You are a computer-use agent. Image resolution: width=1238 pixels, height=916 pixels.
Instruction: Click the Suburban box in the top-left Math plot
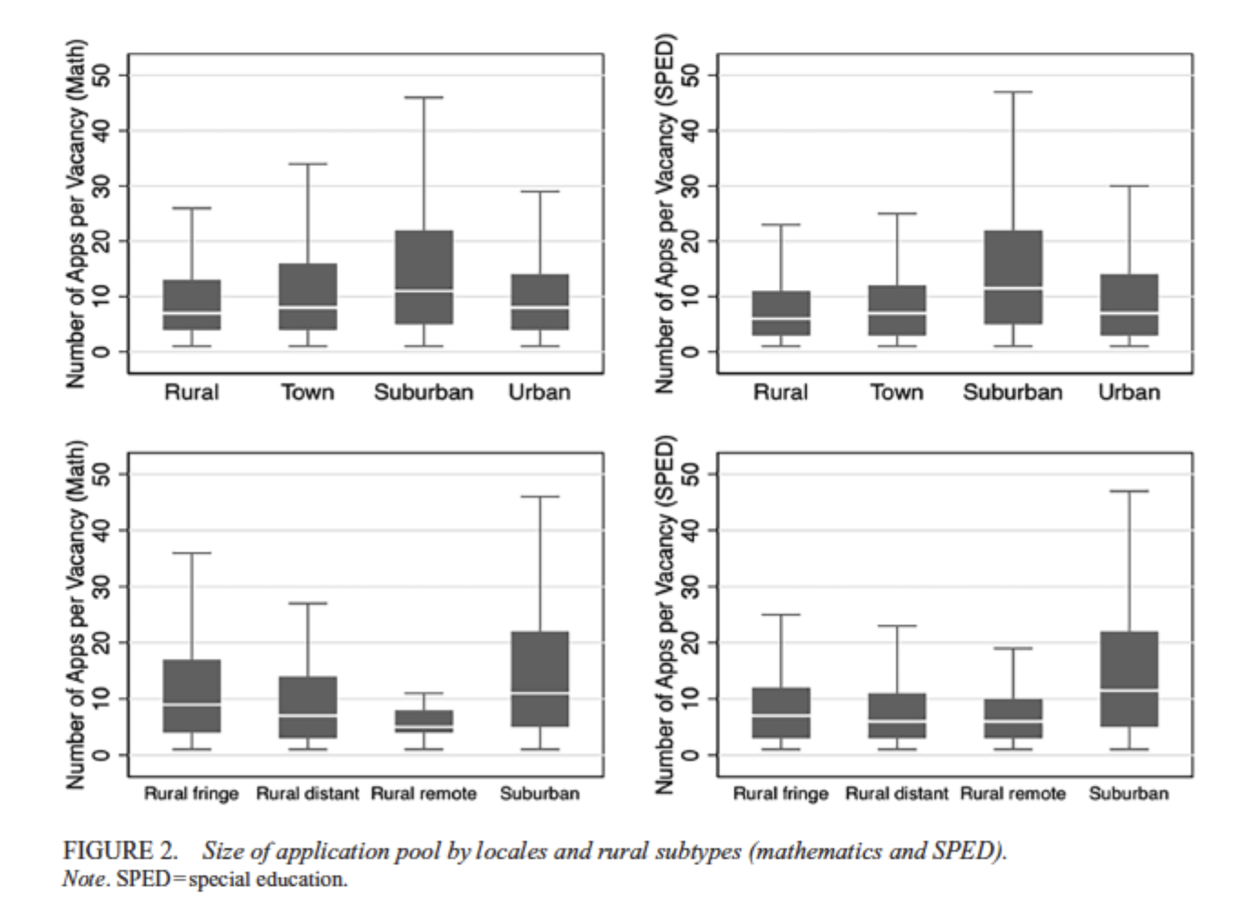pyautogui.click(x=424, y=277)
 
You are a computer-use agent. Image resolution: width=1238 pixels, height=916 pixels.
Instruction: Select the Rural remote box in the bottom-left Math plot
pyautogui.click(x=424, y=721)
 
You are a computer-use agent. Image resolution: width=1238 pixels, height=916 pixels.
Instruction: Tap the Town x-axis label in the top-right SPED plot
pyautogui.click(x=897, y=392)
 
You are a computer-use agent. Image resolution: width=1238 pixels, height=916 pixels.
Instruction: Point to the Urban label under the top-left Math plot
pyautogui.click(x=540, y=392)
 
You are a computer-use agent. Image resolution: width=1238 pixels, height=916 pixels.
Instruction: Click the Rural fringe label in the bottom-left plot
pyautogui.click(x=192, y=793)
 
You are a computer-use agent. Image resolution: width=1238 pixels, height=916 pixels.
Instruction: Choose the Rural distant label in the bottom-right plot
pyautogui.click(x=897, y=793)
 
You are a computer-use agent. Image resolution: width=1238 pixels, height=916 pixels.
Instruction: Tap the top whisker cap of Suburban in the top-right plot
pyautogui.click(x=1013, y=92)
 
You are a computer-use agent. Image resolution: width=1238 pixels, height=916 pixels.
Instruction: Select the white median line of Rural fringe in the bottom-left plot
pyautogui.click(x=192, y=704)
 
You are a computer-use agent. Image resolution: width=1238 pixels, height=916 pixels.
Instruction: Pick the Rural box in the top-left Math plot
pyautogui.click(x=192, y=305)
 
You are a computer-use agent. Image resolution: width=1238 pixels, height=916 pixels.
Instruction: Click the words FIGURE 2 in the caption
pyautogui.click(x=121, y=851)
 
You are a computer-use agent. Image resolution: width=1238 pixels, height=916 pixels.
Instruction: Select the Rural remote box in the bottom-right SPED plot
pyautogui.click(x=1013, y=718)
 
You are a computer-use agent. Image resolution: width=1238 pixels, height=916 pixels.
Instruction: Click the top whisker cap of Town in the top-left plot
pyautogui.click(x=308, y=164)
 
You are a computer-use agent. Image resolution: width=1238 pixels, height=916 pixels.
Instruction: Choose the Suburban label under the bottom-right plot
pyautogui.click(x=1129, y=793)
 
